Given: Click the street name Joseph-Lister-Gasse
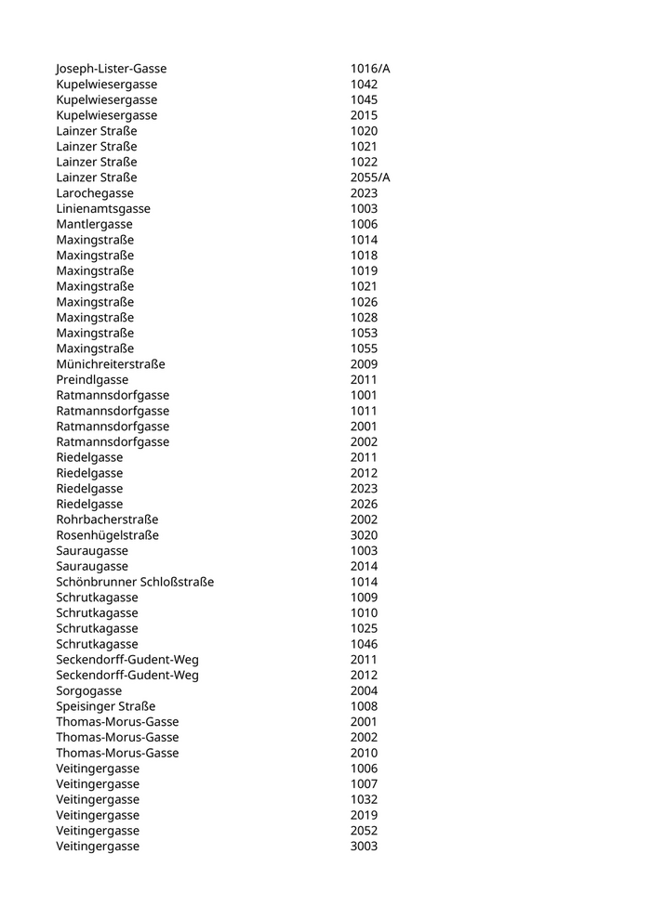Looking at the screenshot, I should pos(112,69).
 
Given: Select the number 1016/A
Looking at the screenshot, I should pos(370,69).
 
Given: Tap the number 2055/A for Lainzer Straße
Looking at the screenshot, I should pos(370,177).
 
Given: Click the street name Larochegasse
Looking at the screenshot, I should pos(95,193).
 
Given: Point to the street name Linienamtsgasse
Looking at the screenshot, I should pos(103,209).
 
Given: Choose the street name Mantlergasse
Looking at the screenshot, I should pos(94,224).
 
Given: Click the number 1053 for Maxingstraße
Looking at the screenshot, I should pos(364,333).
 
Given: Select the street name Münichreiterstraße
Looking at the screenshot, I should pos(111,364).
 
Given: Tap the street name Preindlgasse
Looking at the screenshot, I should pos(92,380).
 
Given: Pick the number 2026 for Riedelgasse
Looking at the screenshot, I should pos(364,505).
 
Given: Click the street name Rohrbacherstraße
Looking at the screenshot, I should pos(107,519).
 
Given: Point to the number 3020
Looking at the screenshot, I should pos(364,535).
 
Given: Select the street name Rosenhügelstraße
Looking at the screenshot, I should pos(107,535).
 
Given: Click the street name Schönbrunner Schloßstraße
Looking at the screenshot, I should pos(135,582).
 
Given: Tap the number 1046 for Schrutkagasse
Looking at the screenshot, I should pos(364,644).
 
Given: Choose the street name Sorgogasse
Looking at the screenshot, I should pos(88,690).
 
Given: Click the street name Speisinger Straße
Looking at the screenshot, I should pos(106,706).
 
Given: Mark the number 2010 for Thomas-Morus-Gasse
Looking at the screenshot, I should pos(364,753).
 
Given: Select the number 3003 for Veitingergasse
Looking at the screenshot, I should pos(364,847).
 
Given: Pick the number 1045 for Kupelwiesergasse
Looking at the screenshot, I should pos(364,99).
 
